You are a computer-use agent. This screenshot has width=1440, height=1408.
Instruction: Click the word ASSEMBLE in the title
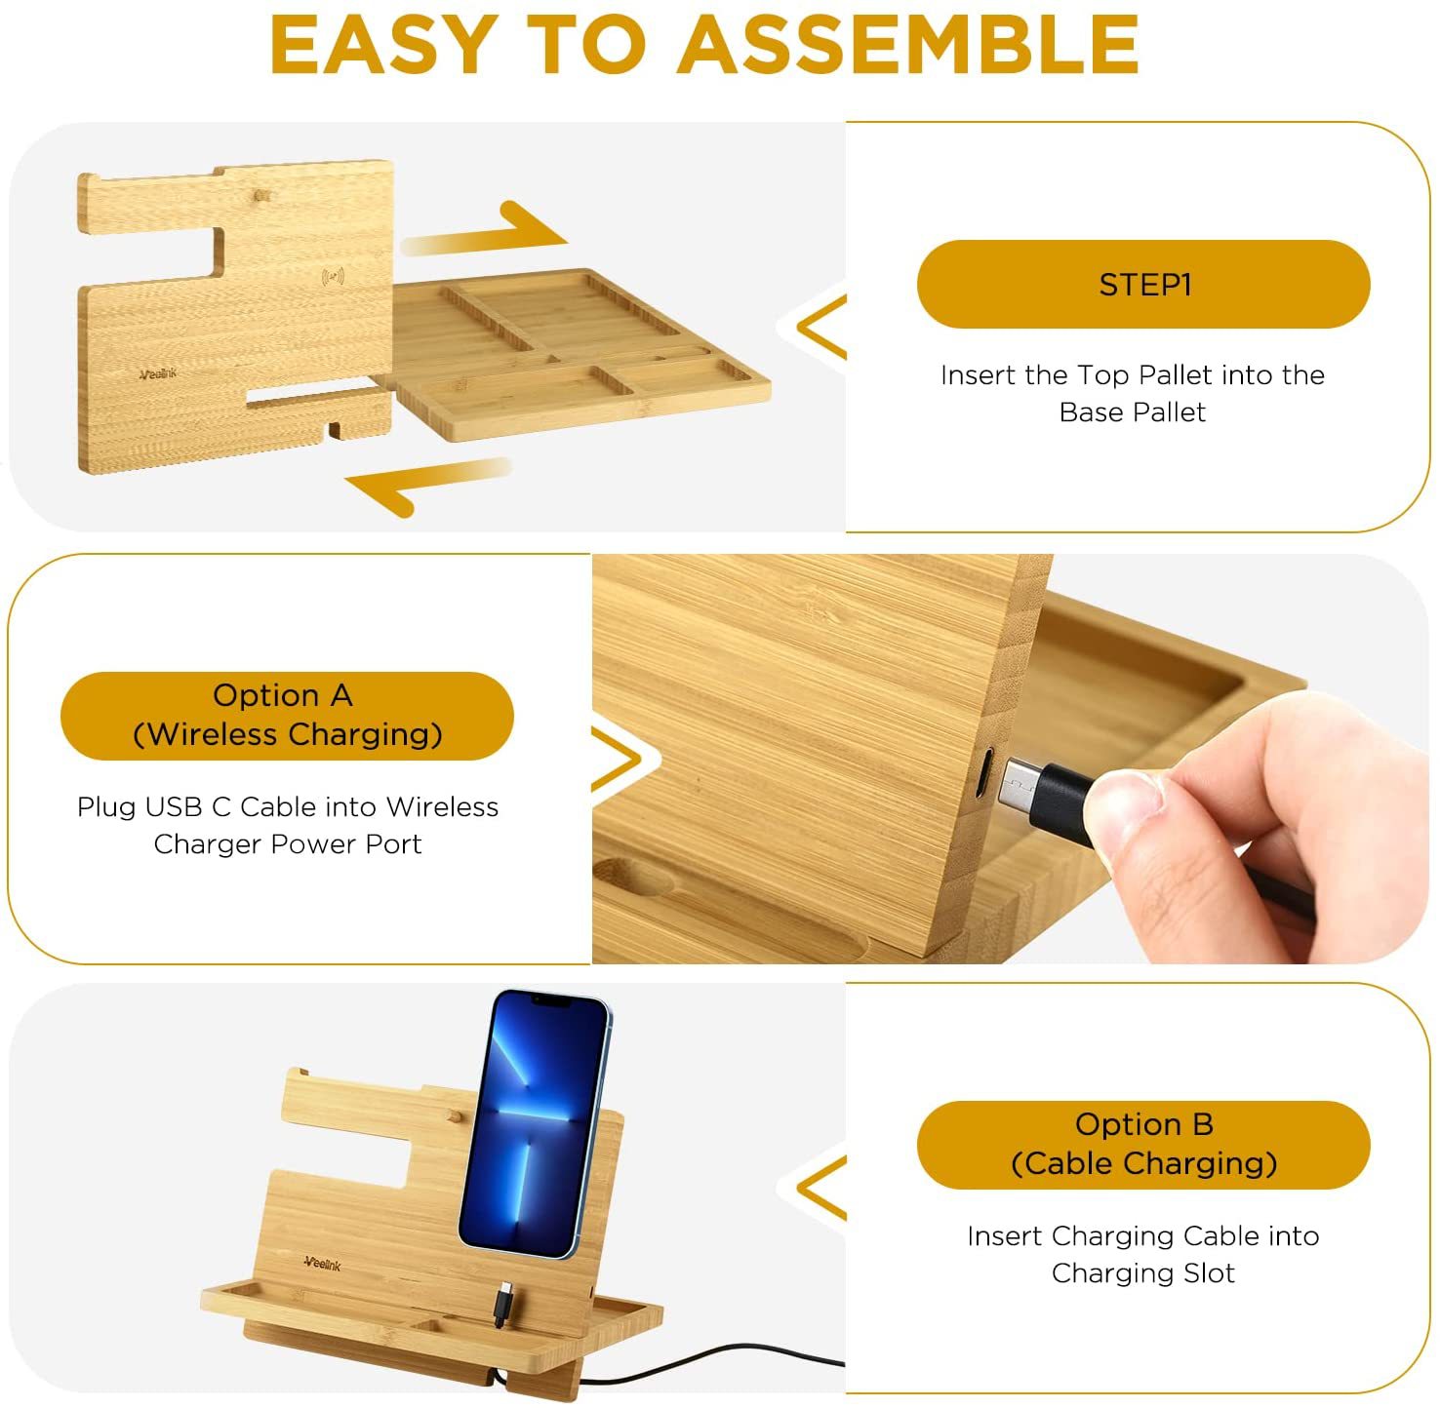click(x=908, y=45)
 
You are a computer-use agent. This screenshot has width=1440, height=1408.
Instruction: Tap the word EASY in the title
click(x=384, y=45)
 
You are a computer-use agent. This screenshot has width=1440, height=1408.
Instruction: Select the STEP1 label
click(x=1144, y=285)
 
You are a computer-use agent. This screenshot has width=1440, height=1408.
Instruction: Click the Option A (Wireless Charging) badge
click(x=287, y=715)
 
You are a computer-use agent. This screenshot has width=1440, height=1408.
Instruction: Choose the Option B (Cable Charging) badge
click(x=1144, y=1145)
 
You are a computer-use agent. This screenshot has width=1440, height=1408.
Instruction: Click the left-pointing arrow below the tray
click(x=427, y=485)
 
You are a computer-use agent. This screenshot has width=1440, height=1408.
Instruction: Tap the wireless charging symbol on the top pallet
click(x=333, y=277)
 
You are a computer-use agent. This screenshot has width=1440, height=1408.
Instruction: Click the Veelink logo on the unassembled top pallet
click(x=158, y=374)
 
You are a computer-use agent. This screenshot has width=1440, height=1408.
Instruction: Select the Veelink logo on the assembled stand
click(x=323, y=1264)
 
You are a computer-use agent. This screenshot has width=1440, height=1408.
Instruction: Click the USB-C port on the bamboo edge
click(x=987, y=773)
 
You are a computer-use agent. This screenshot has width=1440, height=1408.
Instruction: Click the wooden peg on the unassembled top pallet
click(x=260, y=197)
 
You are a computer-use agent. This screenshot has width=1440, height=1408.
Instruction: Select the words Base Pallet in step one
click(x=1132, y=411)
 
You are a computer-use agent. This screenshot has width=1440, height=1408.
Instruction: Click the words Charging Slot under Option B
click(x=1143, y=1273)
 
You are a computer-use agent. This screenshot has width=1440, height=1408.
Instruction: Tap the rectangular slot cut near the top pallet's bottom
click(x=314, y=393)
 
